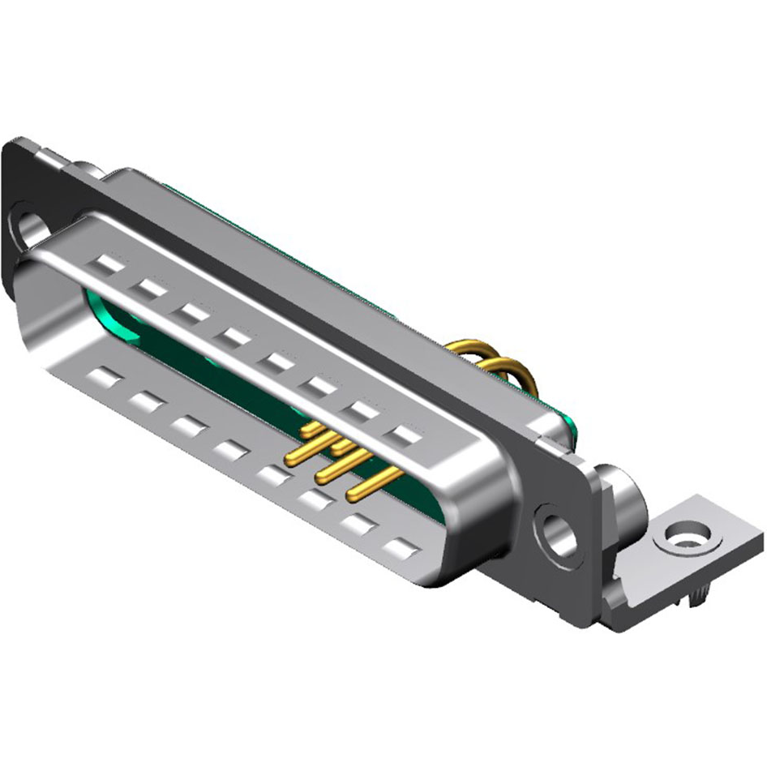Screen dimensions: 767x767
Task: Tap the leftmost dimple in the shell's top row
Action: (x=109, y=264)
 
